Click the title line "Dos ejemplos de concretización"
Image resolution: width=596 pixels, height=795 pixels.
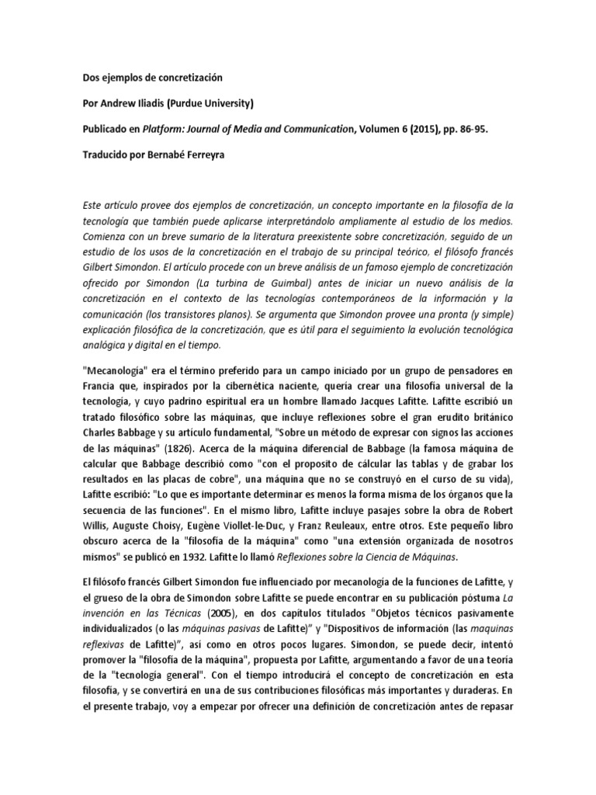[152, 78]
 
